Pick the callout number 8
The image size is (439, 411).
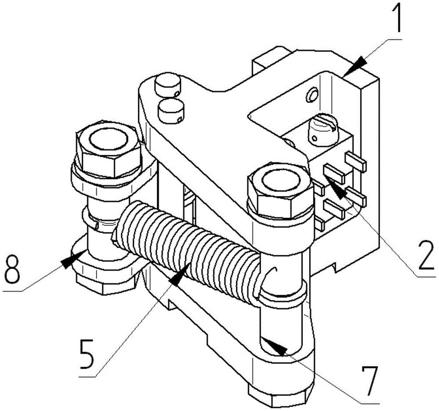coord(12,269)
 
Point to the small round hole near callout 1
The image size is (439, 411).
coord(312,95)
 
